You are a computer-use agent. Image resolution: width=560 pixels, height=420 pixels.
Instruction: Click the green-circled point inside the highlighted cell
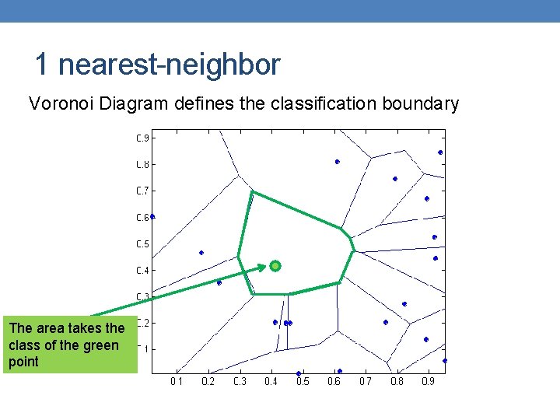click(275, 266)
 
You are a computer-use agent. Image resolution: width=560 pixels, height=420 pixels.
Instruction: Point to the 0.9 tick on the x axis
click(428, 382)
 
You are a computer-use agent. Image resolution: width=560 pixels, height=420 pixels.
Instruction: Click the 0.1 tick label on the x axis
click(177, 382)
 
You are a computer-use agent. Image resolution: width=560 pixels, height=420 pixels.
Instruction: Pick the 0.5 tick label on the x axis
click(302, 382)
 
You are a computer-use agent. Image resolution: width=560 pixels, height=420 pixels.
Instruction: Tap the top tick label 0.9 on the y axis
click(143, 138)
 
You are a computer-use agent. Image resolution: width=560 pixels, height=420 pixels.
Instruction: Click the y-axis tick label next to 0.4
click(143, 271)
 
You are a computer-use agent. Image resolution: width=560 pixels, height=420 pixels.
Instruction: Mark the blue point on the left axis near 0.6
click(152, 216)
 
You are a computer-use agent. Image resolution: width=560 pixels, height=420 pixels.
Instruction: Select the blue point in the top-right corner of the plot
click(440, 152)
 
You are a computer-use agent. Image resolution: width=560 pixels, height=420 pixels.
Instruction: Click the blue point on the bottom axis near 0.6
click(340, 371)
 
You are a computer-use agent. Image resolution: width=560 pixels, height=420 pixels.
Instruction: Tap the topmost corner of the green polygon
click(251, 192)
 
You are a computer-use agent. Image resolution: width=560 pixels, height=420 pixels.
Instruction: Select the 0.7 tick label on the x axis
click(365, 382)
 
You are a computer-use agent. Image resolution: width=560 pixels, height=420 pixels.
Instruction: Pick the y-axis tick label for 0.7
click(143, 191)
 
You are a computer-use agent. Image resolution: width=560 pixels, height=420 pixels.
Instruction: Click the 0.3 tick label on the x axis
click(240, 382)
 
